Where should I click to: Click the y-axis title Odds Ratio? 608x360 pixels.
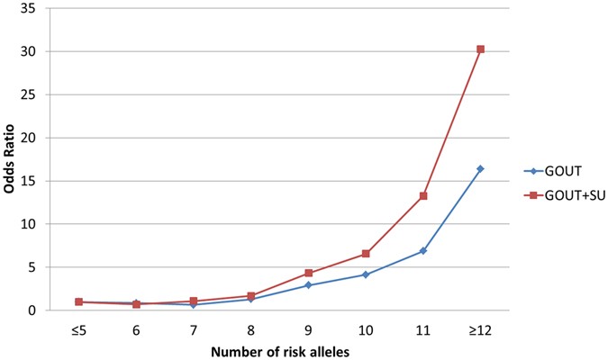click(12, 160)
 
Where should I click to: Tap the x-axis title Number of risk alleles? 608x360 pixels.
click(279, 350)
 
